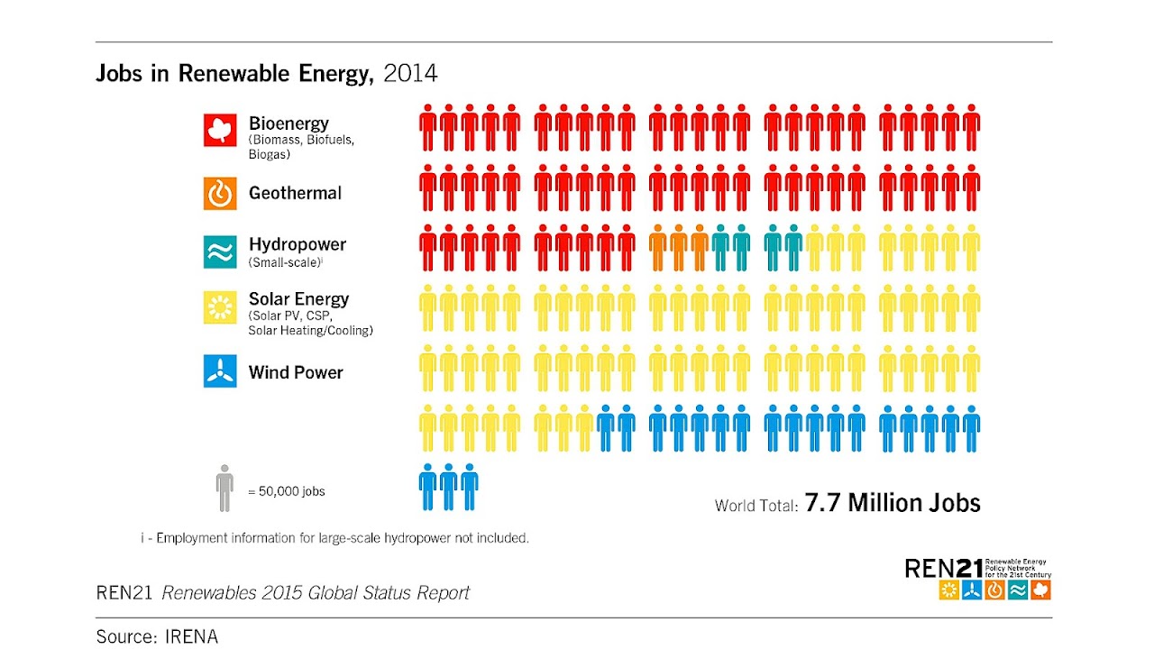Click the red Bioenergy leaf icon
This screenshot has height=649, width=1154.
tap(220, 130)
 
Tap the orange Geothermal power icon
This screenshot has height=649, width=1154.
tap(220, 193)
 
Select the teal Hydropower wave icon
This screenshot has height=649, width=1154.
tap(220, 252)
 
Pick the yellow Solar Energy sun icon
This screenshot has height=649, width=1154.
tap(220, 307)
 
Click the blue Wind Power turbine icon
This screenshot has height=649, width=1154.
tap(220, 371)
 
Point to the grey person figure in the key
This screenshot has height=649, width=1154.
tap(224, 489)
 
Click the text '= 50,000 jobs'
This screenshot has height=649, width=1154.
tap(286, 491)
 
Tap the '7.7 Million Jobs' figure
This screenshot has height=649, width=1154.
tap(893, 503)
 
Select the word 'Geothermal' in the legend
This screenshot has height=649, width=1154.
tap(295, 193)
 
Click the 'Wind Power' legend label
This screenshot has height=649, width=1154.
tap(296, 372)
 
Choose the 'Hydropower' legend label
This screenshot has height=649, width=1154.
tap(298, 244)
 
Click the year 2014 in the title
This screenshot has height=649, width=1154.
tap(410, 74)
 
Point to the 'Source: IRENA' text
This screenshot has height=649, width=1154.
tap(157, 636)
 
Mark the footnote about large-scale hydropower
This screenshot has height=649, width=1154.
tap(334, 538)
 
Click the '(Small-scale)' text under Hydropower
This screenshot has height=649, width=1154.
tap(285, 262)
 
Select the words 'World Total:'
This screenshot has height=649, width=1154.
tap(756, 506)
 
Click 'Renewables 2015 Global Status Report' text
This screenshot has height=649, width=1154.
tap(316, 593)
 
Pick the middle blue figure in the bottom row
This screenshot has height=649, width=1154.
tap(448, 487)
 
